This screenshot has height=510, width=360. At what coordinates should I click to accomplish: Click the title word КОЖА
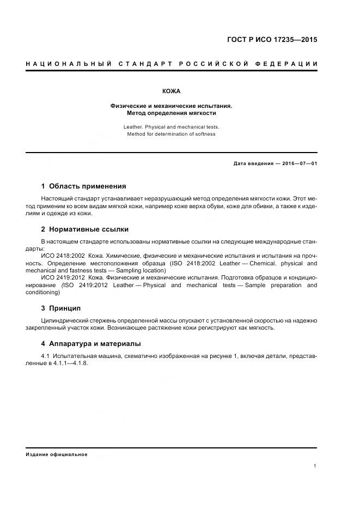pyautogui.click(x=171, y=91)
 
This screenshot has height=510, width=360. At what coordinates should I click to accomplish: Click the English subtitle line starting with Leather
pyautogui.click(x=171, y=126)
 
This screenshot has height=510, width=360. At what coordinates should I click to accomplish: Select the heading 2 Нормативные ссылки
pyautogui.click(x=85, y=229)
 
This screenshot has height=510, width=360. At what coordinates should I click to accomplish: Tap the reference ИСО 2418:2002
pyautogui.click(x=63, y=255)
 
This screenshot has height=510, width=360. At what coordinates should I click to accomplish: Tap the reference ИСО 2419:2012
pyautogui.click(x=63, y=277)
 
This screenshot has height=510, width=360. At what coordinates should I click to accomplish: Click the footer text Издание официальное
pyautogui.click(x=57, y=454)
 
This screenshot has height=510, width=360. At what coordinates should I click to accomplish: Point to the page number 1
pyautogui.click(x=315, y=465)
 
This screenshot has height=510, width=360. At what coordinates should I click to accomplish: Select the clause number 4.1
pyautogui.click(x=46, y=356)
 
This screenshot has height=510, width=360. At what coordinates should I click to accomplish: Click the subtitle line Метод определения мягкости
pyautogui.click(x=171, y=113)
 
